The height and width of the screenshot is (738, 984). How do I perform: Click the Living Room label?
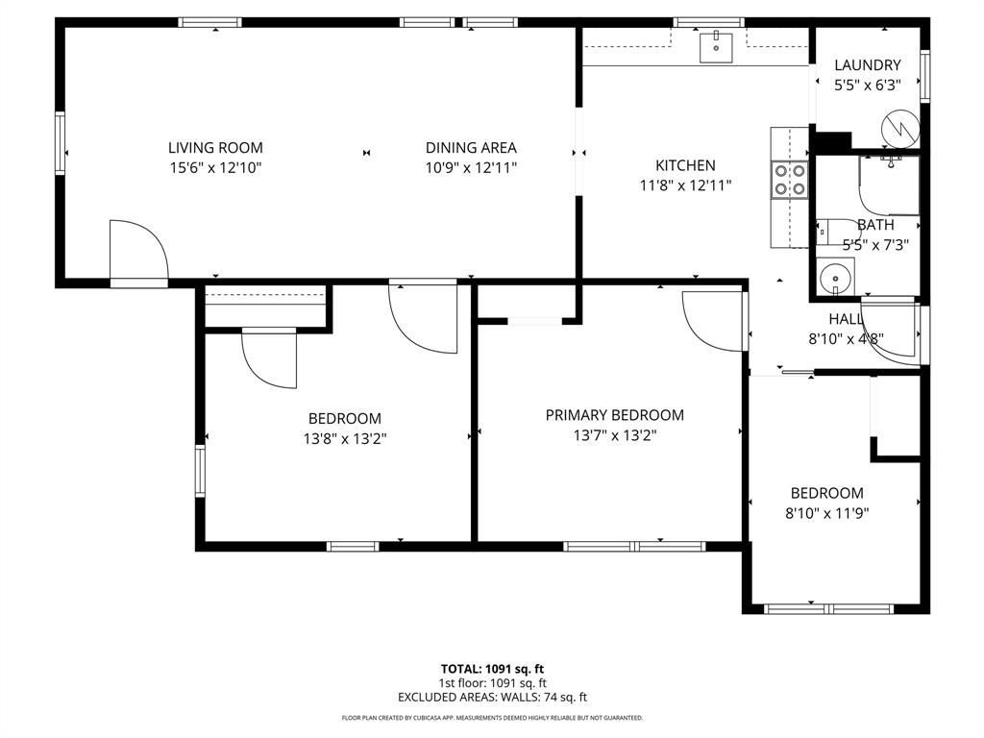(x=215, y=147)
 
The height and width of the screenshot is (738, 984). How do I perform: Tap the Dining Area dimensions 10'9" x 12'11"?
(x=471, y=167)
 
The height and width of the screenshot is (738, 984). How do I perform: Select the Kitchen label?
(x=685, y=165)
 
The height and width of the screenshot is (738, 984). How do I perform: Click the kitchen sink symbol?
(x=716, y=47)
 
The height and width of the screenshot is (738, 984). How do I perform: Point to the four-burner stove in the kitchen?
(x=790, y=180)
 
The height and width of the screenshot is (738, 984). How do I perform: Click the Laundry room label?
(x=868, y=64)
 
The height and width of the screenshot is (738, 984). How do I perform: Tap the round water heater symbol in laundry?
(x=900, y=129)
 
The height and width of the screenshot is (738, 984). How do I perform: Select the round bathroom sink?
(x=835, y=278)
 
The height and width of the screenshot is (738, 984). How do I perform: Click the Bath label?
(x=875, y=224)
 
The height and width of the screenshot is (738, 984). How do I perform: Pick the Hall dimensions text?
(x=846, y=339)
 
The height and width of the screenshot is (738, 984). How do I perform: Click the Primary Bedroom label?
(x=614, y=415)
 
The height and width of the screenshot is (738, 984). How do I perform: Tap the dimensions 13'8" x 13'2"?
(x=345, y=438)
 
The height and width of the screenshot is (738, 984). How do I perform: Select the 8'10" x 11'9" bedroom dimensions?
(x=826, y=513)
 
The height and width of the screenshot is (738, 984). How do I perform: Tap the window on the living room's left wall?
(x=61, y=142)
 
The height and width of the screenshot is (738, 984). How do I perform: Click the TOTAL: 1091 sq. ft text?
(x=492, y=669)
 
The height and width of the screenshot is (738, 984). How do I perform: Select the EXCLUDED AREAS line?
(x=492, y=697)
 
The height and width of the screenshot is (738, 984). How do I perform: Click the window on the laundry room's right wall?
(x=924, y=76)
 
